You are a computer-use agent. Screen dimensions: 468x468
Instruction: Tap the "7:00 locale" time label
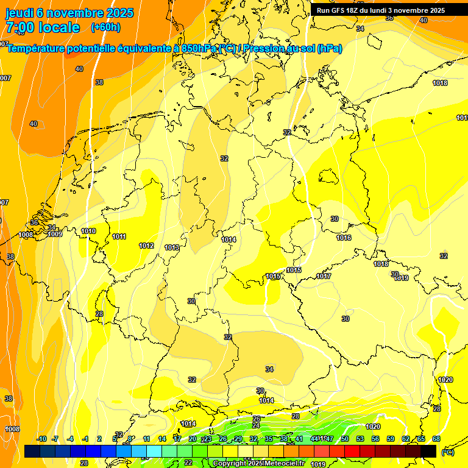tap(42, 27)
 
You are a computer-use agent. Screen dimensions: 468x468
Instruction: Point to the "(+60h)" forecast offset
tap(105, 27)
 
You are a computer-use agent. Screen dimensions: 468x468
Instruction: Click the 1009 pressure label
tap(55, 234)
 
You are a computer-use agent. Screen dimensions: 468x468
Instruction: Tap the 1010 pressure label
tap(88, 231)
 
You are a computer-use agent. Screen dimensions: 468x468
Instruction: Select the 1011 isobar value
tap(119, 236)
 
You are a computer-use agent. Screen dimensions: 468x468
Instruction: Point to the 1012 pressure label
tap(146, 246)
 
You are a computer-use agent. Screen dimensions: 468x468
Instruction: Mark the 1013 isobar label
tap(172, 247)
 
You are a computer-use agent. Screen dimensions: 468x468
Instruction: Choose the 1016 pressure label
tap(344, 238)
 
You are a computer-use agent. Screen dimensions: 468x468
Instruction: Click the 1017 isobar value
tap(324, 276)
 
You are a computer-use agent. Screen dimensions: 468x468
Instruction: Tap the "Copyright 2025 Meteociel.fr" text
tap(259, 464)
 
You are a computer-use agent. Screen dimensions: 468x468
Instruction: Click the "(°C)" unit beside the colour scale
tap(447, 452)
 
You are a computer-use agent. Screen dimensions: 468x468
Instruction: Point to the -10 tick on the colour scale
tap(41, 439)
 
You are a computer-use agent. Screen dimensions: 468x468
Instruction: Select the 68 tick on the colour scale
tap(436, 439)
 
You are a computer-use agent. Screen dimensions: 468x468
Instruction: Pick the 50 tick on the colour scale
tap(345, 439)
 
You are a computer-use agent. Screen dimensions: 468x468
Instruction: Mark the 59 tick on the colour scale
tap(391, 439)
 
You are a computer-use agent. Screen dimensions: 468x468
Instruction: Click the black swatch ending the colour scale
tap(428, 451)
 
